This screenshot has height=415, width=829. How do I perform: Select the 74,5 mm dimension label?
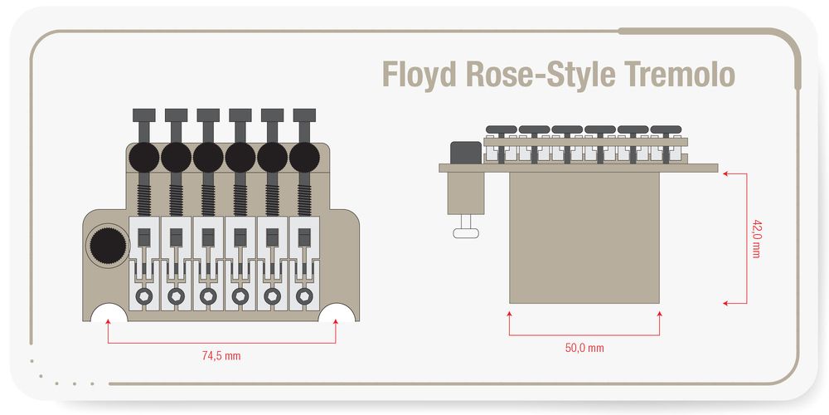pos(221,355)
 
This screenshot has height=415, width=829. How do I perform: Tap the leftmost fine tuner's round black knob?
pos(144,155)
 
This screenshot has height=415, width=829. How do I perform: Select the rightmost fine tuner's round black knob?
pos(305,155)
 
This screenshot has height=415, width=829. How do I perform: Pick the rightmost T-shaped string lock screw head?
pos(305,115)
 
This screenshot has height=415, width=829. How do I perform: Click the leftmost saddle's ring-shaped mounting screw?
pos(144,295)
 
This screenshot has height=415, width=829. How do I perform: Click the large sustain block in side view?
pos(584,237)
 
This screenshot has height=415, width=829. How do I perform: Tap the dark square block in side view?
pos(464,154)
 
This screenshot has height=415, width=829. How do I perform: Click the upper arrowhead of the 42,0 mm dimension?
pos(725,173)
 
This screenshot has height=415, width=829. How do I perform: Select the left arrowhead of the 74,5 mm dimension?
pos(108,325)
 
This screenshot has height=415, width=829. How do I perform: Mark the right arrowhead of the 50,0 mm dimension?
pos(660,314)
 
